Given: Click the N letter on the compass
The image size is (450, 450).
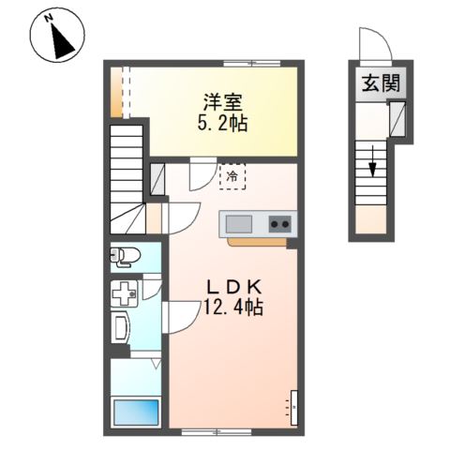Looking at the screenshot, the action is (x=48, y=19).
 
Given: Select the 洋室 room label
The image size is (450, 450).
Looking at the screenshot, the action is (x=223, y=102).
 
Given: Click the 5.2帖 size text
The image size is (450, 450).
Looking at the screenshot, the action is (x=222, y=124).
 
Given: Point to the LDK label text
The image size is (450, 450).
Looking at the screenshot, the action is (x=234, y=287).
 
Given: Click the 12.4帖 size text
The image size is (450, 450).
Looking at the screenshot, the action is (x=233, y=307).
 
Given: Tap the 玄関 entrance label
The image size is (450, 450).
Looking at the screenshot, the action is (x=381, y=83).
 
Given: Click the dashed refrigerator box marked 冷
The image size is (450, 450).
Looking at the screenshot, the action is (x=232, y=176).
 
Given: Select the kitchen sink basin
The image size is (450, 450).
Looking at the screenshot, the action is (x=239, y=224).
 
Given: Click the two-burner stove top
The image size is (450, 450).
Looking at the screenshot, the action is (x=280, y=224).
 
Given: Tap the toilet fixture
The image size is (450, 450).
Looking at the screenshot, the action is (x=126, y=257).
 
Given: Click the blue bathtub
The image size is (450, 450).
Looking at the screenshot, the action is (x=136, y=412).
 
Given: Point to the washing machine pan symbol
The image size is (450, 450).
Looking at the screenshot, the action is (x=125, y=293).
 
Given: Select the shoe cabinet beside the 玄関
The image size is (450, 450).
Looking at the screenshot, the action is (x=397, y=119).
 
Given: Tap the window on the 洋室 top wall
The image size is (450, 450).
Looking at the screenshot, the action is (x=252, y=64).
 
